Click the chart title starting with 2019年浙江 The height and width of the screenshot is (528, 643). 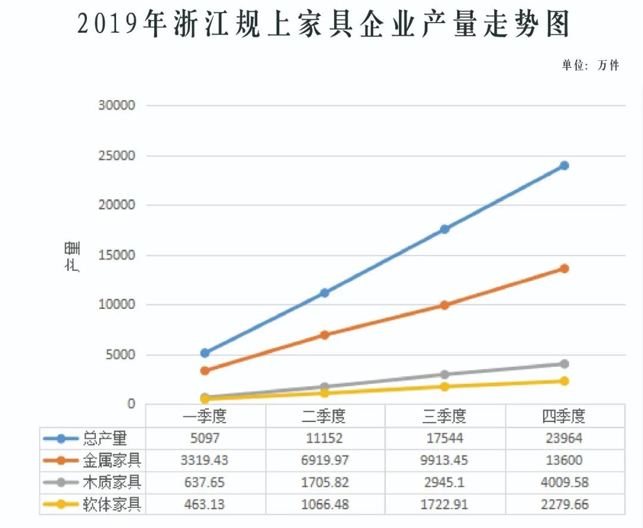tap(324, 26)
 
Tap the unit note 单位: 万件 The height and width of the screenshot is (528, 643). tap(590, 65)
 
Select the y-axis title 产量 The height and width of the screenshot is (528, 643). tap(73, 257)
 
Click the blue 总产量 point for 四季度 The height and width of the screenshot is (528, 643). tap(564, 165)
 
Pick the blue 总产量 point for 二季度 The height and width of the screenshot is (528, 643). tap(324, 293)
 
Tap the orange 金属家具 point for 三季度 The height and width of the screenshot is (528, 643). tap(444, 305)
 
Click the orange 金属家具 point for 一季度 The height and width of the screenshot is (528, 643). tap(205, 371)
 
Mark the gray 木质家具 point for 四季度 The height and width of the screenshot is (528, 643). tap(564, 364)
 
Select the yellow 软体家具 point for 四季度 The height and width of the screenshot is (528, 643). tap(564, 381)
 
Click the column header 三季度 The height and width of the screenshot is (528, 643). tap(444, 415)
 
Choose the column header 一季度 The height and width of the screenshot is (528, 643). tap(205, 415)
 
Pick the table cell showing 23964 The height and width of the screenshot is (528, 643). tap(564, 439)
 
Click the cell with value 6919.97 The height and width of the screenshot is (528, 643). tap(324, 460)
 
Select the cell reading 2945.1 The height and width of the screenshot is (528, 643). tap(444, 482)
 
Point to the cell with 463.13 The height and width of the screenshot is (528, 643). tap(205, 505)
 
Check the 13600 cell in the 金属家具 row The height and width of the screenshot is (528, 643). tap(564, 460)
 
